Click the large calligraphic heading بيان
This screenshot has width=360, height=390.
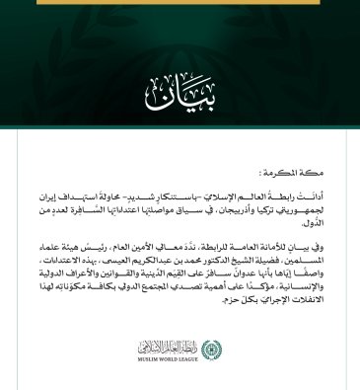point(180,91)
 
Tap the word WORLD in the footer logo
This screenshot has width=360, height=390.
point(176,358)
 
